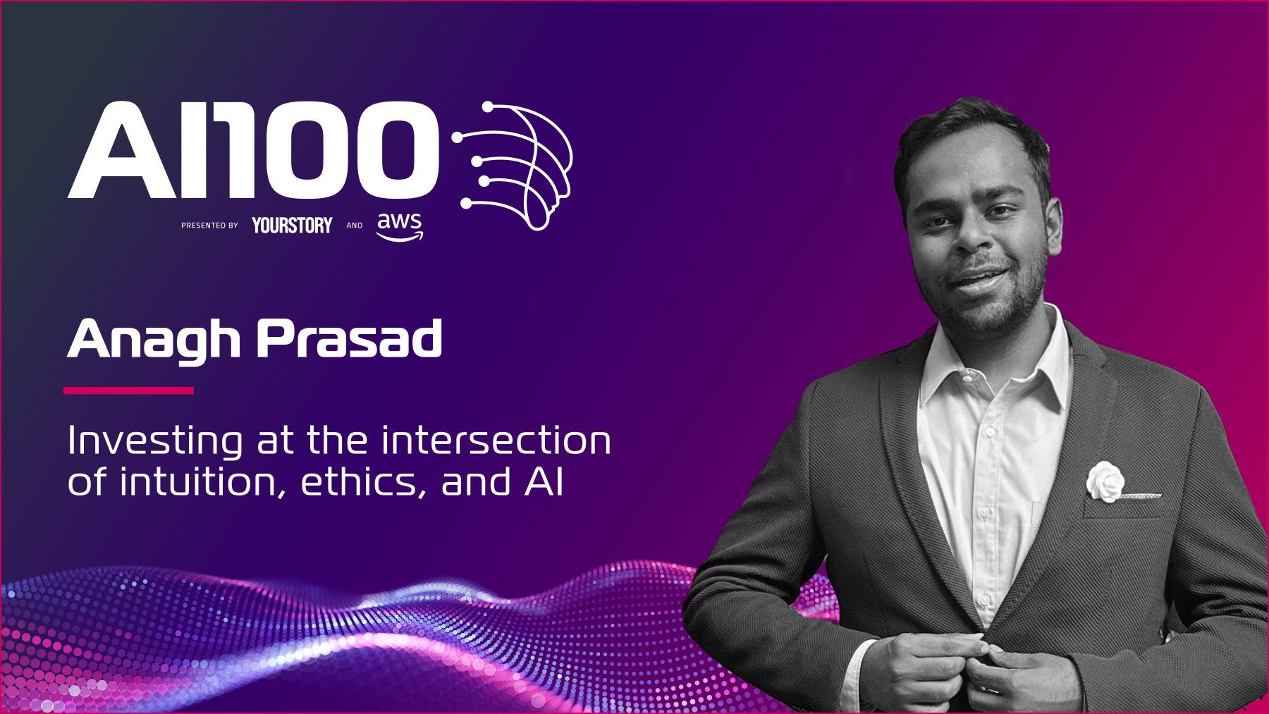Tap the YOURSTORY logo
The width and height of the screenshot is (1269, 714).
click(292, 225)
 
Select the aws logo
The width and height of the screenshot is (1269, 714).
click(400, 226)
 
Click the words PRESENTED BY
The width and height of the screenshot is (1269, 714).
click(209, 226)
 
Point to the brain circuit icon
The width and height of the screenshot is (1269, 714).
click(513, 166)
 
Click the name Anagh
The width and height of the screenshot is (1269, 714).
click(154, 340)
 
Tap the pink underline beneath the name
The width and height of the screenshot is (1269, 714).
click(128, 390)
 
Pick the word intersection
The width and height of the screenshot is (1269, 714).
click(496, 441)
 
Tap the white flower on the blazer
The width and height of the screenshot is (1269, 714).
click(1105, 481)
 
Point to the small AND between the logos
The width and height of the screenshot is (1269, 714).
click(355, 226)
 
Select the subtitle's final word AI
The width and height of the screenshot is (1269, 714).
click(544, 483)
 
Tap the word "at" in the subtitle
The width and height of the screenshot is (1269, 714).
click(275, 442)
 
